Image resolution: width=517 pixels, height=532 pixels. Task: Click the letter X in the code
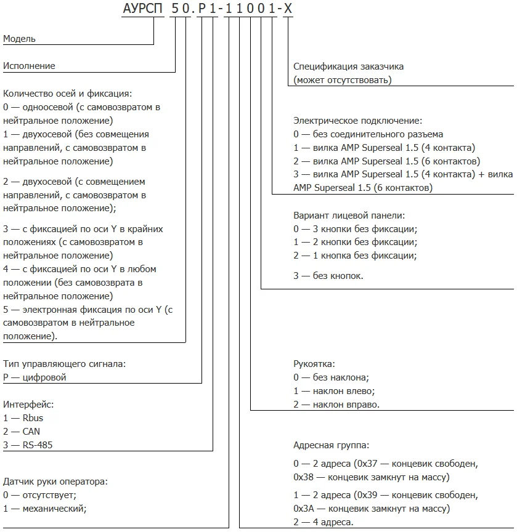point(287,10)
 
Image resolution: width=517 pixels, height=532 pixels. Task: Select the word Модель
point(20,39)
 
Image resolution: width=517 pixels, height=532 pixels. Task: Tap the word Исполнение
point(29,66)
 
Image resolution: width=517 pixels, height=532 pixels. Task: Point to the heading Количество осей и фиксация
point(68,94)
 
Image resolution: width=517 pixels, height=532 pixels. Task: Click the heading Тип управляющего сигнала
point(65,364)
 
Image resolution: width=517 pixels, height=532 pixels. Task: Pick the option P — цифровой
point(35,377)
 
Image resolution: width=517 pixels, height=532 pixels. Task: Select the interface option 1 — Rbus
point(23,418)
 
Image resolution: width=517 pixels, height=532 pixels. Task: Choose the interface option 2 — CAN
point(22,432)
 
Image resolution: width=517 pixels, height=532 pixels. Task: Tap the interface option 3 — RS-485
point(28,445)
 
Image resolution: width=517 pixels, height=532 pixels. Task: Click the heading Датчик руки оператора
point(60,481)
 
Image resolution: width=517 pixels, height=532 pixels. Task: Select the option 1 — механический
point(45,508)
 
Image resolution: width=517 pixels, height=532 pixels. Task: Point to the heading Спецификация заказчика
point(349,66)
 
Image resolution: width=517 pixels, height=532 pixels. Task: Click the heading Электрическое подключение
point(358,121)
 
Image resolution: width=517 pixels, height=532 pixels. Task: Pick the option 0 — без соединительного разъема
point(368,134)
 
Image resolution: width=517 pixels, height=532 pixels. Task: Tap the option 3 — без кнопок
point(328,276)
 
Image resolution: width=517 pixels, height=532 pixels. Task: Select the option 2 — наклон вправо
point(336,405)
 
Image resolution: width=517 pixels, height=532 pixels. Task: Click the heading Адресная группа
point(332,445)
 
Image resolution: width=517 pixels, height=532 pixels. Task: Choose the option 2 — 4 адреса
point(324,522)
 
